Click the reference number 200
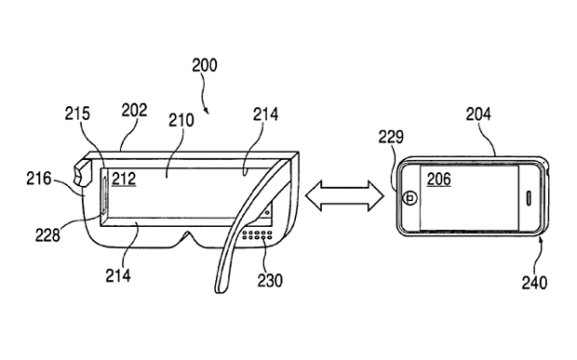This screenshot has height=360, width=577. click(x=205, y=65)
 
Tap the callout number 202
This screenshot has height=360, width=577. click(x=134, y=110)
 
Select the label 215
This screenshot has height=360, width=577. click(x=77, y=113)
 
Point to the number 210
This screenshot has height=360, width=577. click(x=181, y=120)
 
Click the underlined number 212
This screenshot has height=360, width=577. click(x=124, y=180)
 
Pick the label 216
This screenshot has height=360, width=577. click(x=39, y=179)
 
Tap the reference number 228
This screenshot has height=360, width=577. click(x=47, y=234)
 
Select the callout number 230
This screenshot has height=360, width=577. click(x=270, y=280)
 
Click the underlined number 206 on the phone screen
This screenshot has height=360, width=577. click(x=438, y=180)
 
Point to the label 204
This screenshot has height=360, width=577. click(x=478, y=114)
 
